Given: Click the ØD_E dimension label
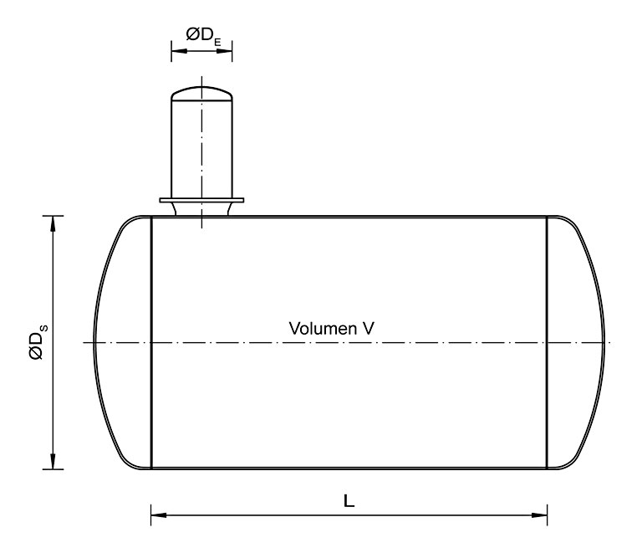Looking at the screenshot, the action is (203, 35).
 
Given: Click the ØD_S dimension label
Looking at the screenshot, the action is (39, 342).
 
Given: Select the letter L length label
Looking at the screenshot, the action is (349, 500).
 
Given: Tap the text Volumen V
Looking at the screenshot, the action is (331, 328).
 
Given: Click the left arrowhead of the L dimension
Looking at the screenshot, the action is (159, 515).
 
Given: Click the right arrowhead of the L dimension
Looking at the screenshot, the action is (539, 515).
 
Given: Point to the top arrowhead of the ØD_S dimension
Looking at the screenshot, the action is (53, 223).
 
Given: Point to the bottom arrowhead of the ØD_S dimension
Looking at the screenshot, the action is (53, 461).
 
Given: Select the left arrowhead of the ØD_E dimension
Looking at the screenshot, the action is (179, 51).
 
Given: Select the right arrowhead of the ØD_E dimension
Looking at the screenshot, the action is (224, 51).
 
